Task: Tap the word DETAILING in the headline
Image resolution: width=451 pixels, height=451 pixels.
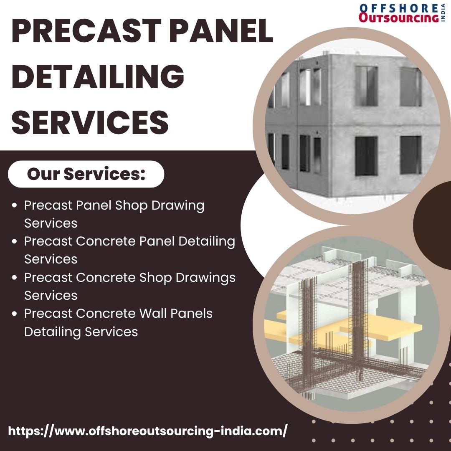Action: click(98, 76)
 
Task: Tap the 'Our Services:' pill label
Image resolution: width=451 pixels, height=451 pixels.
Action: click(86, 174)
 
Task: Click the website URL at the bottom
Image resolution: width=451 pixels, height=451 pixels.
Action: click(147, 431)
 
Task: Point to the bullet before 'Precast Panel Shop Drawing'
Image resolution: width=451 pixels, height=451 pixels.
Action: click(14, 205)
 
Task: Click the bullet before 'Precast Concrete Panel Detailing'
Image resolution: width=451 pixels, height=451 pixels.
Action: click(14, 242)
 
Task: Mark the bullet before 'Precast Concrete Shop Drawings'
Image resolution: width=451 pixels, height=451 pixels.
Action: click(14, 278)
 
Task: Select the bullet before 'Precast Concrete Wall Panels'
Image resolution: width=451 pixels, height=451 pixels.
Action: click(14, 314)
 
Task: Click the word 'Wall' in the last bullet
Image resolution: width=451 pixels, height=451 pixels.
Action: click(152, 313)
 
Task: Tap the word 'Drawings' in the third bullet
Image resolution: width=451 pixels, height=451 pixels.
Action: click(205, 278)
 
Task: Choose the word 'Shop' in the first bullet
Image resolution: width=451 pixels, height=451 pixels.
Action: click(131, 205)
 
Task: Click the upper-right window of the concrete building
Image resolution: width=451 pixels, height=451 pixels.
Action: click(410, 86)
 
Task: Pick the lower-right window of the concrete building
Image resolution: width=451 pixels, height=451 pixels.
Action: click(410, 155)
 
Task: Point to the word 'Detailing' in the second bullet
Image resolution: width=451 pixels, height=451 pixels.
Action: click(207, 242)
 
